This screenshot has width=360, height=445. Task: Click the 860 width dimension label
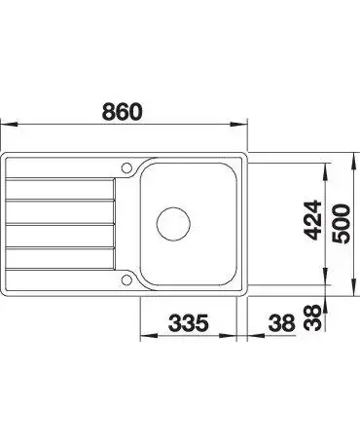[x=123, y=111]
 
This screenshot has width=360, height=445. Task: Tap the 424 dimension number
[x=313, y=220]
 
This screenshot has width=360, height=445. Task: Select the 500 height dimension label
[x=342, y=224]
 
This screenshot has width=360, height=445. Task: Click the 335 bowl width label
[x=188, y=322]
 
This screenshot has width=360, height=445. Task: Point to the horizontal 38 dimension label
[x=281, y=323]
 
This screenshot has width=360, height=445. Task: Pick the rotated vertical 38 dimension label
[x=312, y=317]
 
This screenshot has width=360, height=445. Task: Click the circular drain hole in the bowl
[x=173, y=224]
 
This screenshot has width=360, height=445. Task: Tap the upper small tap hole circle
[x=126, y=167]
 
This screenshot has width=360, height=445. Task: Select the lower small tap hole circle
[x=126, y=279]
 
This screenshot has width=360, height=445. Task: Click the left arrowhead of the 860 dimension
[x=8, y=125]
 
